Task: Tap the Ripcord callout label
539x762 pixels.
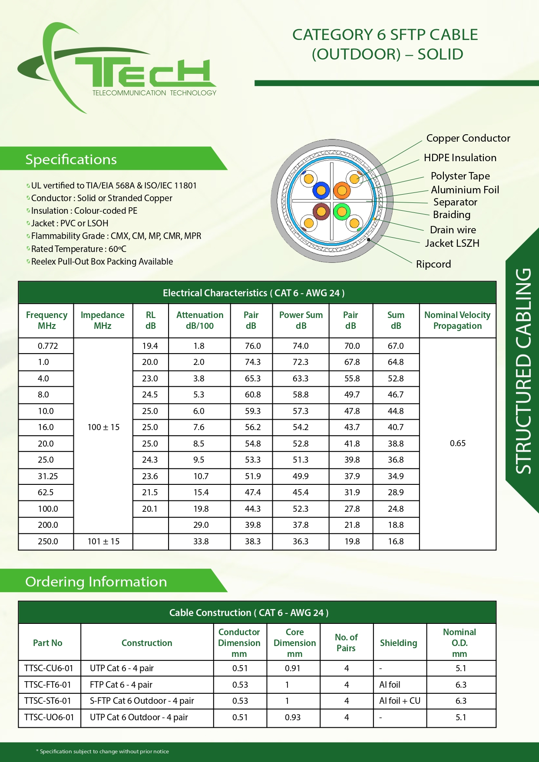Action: (x=433, y=264)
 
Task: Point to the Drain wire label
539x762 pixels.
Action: (x=453, y=230)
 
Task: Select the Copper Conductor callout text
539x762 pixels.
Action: (x=468, y=138)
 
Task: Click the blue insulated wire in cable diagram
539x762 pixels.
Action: (x=321, y=190)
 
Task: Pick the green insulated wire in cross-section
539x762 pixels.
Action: (x=342, y=212)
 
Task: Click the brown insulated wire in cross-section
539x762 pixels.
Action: (x=321, y=212)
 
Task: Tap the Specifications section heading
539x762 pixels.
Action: (x=71, y=159)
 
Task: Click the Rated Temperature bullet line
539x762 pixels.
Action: (x=79, y=249)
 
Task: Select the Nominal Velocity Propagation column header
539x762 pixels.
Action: (x=457, y=320)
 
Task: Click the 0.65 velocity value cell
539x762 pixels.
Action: (x=457, y=443)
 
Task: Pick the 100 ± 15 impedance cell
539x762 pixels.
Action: (x=103, y=427)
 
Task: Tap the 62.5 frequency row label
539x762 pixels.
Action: (x=46, y=492)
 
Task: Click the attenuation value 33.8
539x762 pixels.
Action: (x=201, y=541)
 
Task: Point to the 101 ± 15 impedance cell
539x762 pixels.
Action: (x=103, y=541)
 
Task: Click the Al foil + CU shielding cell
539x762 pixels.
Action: (x=400, y=701)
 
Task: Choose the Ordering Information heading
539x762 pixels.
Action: (x=96, y=582)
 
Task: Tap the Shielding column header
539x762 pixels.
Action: (x=398, y=643)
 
